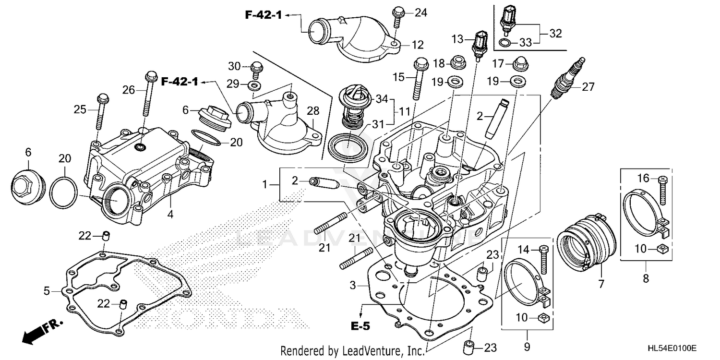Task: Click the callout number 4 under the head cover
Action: pyautogui.click(x=170, y=215)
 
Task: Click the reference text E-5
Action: pyautogui.click(x=360, y=326)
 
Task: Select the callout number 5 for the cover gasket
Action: pyautogui.click(x=47, y=290)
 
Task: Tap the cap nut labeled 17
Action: pyautogui.click(x=517, y=63)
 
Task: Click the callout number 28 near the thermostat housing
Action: pyautogui.click(x=312, y=111)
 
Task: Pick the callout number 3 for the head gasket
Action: pyautogui.click(x=353, y=286)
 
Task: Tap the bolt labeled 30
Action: pyautogui.click(x=256, y=69)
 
